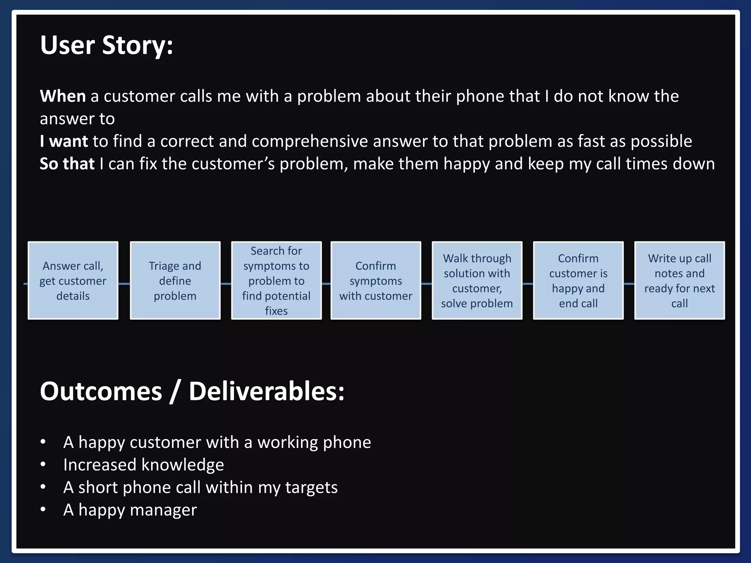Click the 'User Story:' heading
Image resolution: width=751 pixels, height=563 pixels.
click(x=106, y=45)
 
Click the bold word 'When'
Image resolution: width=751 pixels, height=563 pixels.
click(x=63, y=96)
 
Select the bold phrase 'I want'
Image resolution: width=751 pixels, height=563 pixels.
click(x=64, y=141)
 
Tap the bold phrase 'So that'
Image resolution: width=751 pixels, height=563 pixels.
click(x=67, y=164)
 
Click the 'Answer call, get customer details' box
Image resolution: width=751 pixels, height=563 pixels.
click(x=73, y=281)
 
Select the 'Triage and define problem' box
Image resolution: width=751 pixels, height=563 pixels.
click(x=175, y=281)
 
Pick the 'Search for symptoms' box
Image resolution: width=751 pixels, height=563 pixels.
click(x=276, y=281)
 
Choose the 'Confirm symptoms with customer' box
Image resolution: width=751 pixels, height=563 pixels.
click(x=375, y=281)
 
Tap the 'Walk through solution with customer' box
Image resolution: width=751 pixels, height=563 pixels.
click(x=477, y=281)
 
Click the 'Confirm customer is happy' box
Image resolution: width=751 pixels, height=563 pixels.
click(x=578, y=281)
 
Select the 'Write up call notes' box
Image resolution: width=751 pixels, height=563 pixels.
click(x=679, y=281)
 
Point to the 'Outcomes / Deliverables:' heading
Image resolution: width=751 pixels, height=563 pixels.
click(x=192, y=391)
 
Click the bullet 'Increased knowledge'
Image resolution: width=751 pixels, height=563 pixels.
click(x=143, y=465)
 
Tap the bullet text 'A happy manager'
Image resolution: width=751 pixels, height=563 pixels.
click(x=130, y=510)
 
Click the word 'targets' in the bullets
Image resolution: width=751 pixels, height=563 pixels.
click(x=311, y=487)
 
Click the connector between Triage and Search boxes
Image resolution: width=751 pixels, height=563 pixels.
click(x=226, y=284)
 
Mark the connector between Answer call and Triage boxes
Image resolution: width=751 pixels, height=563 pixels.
click(x=124, y=284)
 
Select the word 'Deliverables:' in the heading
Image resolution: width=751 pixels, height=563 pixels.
click(x=267, y=391)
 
